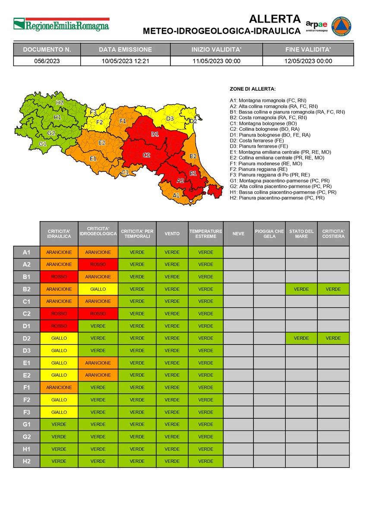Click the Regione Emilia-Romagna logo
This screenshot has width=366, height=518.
pyautogui.click(x=61, y=24)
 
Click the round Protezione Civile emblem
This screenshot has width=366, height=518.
pyautogui.click(x=341, y=26)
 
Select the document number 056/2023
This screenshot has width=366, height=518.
pyautogui.click(x=47, y=61)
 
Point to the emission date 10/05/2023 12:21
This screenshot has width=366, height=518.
pyautogui.click(x=125, y=61)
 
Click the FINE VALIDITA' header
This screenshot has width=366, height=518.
pyautogui.click(x=308, y=50)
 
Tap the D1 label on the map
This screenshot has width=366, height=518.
pyautogui.click(x=155, y=135)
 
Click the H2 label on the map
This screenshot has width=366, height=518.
pyautogui.click(x=60, y=103)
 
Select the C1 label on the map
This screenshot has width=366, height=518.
pyautogui.click(x=125, y=173)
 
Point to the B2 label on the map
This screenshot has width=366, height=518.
pyautogui.click(x=193, y=156)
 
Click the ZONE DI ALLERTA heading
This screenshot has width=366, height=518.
pyautogui.click(x=252, y=89)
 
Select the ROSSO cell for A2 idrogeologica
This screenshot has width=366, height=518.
pyautogui.click(x=98, y=265)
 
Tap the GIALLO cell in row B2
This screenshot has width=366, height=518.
pyautogui.click(x=98, y=289)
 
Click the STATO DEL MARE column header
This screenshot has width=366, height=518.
pyautogui.click(x=301, y=234)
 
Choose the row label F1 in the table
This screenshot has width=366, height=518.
pyautogui.click(x=26, y=388)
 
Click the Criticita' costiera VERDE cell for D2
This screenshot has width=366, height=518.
pyautogui.click(x=333, y=338)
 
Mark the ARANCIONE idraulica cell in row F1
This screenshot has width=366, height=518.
pyautogui.click(x=59, y=388)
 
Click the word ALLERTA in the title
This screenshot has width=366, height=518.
pyautogui.click(x=274, y=19)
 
